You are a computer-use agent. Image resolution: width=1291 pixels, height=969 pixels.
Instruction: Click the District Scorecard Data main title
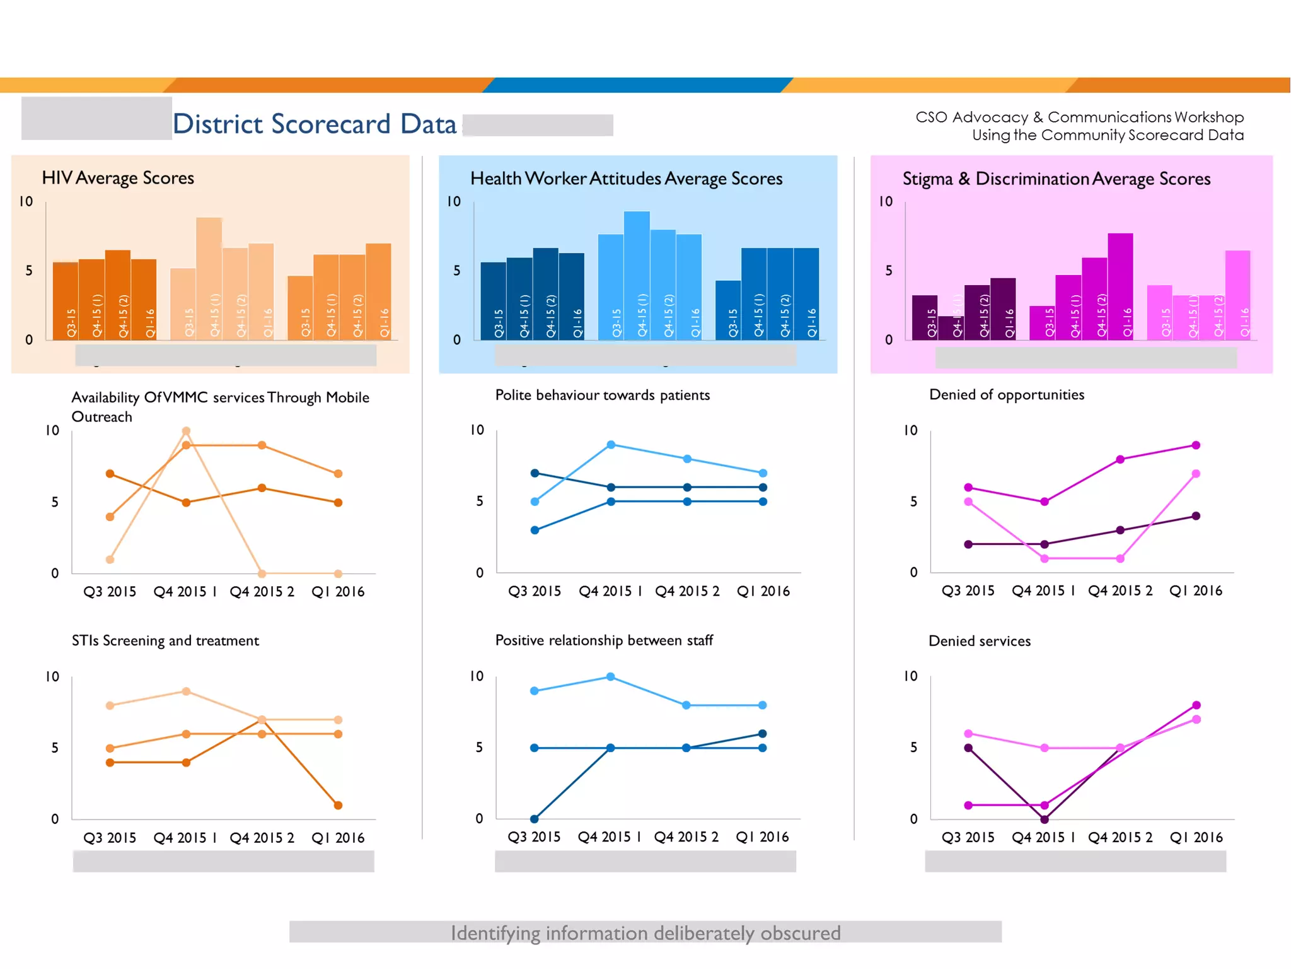tap(314, 124)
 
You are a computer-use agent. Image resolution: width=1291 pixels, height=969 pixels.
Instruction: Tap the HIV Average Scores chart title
tap(118, 178)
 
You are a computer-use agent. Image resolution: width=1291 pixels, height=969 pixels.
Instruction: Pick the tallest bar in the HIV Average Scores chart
tap(209, 278)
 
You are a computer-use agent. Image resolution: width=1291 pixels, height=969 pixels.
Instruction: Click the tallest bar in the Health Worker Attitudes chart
tap(637, 275)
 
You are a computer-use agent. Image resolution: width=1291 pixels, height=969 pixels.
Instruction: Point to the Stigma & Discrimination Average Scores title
tap(1057, 179)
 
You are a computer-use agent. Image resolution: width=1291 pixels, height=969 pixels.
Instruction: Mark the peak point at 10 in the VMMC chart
tap(186, 432)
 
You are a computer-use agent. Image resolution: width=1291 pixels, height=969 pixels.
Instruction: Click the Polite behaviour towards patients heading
tap(602, 395)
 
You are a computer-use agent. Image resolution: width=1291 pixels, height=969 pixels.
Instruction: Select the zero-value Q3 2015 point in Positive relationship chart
tap(535, 819)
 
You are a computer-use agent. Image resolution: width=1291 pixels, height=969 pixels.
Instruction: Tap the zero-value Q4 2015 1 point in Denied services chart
tap(1045, 819)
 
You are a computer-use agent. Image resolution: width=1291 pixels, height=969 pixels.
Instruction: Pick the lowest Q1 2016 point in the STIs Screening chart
tap(338, 805)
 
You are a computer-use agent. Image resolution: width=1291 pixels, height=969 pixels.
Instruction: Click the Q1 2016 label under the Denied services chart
tap(1196, 837)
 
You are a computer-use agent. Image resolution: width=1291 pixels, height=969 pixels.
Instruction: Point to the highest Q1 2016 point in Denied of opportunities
tap(1196, 445)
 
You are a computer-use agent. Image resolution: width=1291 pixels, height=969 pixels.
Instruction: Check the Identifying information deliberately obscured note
tap(645, 932)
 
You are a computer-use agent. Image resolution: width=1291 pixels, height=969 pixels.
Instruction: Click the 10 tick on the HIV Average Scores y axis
tap(26, 202)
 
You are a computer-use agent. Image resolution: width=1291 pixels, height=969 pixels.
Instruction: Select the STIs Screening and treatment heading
tap(165, 641)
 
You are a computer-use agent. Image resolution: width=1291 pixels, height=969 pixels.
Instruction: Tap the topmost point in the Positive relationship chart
tap(611, 677)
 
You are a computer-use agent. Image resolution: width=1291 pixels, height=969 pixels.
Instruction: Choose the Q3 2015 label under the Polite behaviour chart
tap(535, 591)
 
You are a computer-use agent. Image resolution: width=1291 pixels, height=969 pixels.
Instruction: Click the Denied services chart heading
tap(980, 641)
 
